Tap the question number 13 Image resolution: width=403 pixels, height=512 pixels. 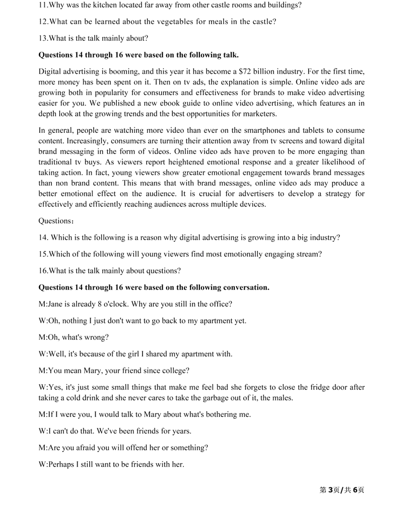point(43,38)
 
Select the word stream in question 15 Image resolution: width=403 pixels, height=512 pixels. point(310,254)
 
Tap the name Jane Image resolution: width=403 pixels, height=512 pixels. point(56,304)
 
